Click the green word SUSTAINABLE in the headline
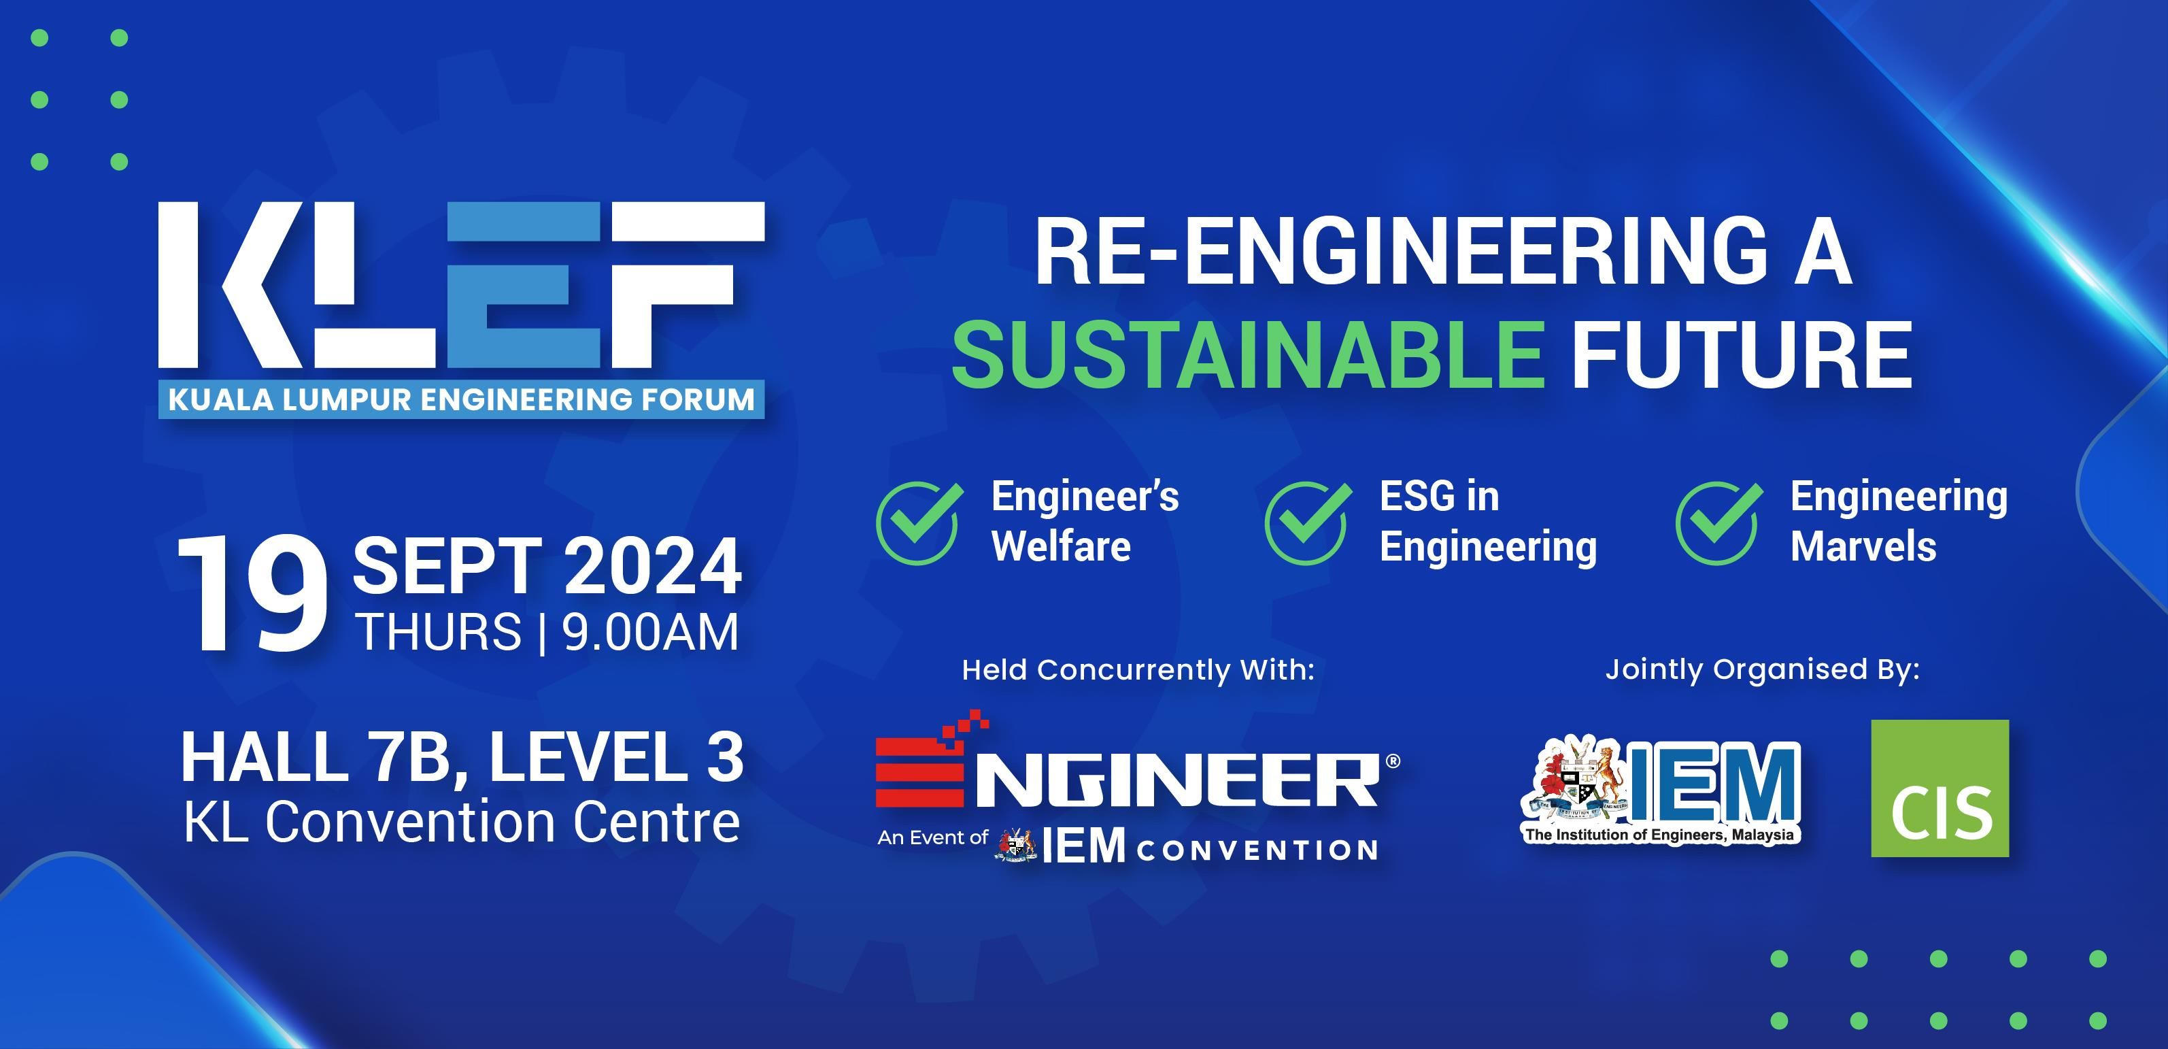pos(1247,354)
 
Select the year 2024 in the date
pos(653,567)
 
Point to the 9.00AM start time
pos(649,632)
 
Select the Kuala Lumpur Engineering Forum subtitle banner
pos(461,400)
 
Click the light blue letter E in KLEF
pos(524,284)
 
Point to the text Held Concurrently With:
pos(1138,670)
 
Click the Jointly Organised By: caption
pos(1762,669)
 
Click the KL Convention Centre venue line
pos(462,822)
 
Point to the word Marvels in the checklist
pos(1863,546)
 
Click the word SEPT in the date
pos(447,567)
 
